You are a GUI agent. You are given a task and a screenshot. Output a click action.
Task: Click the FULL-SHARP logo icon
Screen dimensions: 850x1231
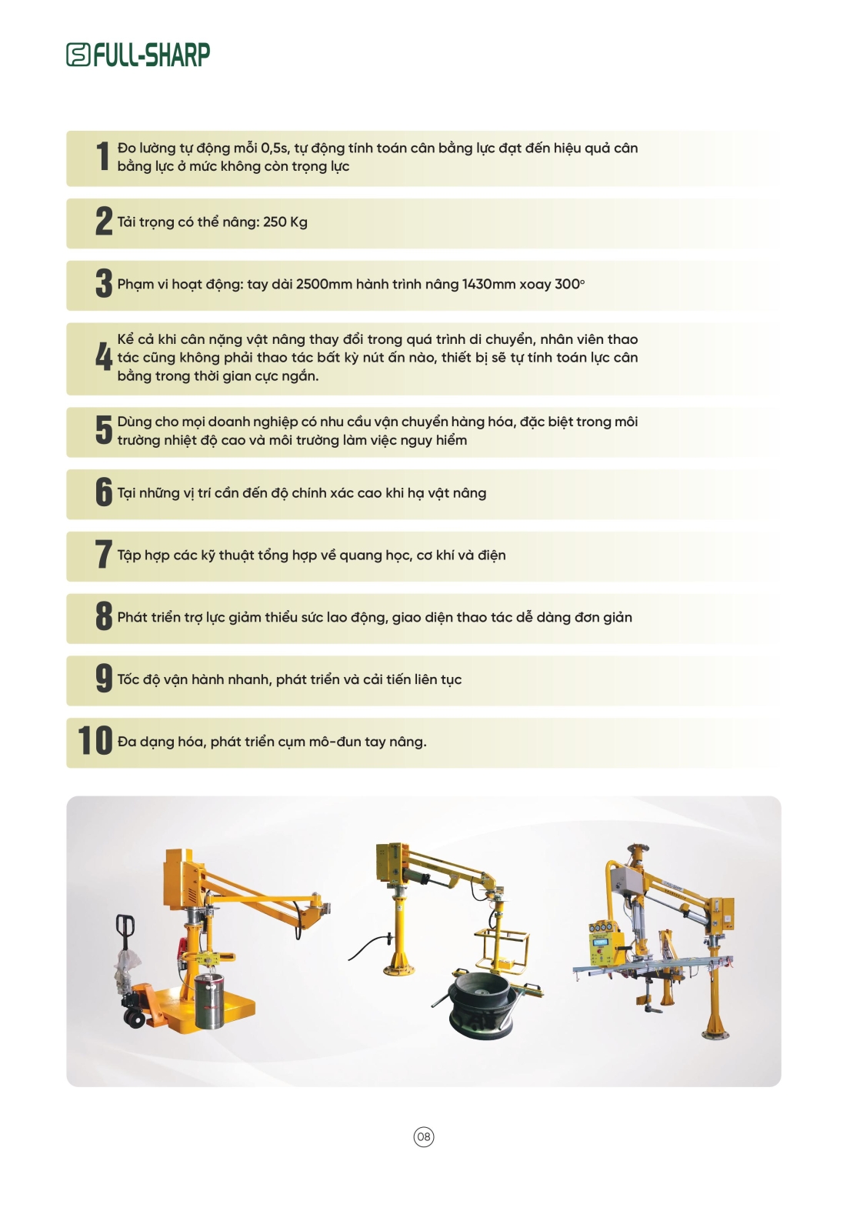click(x=78, y=55)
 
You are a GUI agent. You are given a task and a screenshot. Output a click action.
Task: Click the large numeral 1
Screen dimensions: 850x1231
click(x=103, y=156)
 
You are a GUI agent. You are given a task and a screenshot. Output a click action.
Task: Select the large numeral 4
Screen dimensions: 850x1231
click(x=103, y=357)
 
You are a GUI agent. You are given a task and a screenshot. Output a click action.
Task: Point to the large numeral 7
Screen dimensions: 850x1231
click(x=103, y=555)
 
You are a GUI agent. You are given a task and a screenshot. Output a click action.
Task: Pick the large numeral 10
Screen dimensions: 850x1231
click(x=95, y=741)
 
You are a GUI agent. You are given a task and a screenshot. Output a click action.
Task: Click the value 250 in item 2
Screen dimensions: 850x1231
click(x=275, y=222)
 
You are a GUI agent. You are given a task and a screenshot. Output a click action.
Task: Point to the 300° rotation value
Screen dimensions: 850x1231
click(x=569, y=284)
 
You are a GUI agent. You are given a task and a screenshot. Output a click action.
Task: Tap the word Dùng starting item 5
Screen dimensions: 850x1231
click(x=135, y=422)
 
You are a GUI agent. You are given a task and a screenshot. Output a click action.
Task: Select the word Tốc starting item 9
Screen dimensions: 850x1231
click(x=128, y=680)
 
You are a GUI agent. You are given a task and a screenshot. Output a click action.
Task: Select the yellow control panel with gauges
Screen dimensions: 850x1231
click(x=606, y=931)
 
